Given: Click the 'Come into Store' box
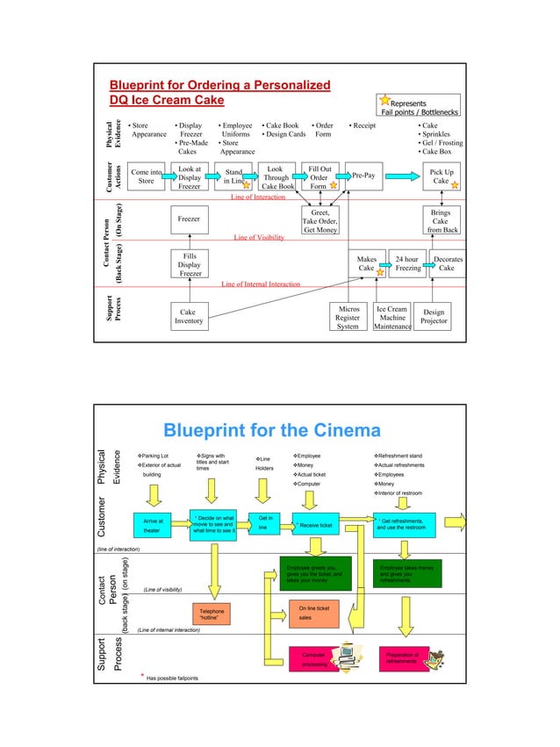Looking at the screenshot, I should tap(146, 176).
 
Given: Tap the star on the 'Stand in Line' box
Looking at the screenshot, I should tap(247, 185).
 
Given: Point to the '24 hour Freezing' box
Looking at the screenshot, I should tap(407, 264).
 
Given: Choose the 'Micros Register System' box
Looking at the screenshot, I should tap(348, 317).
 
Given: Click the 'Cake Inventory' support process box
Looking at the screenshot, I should tap(188, 317).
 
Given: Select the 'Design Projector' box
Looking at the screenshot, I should tap(434, 317).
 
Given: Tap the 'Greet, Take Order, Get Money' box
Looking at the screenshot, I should tap(320, 222).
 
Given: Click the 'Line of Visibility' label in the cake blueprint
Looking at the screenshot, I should tap(259, 238).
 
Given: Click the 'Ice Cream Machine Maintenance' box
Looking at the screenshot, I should tap(391, 317).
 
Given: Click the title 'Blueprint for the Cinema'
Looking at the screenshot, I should tap(272, 431).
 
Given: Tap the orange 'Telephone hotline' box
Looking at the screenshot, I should tap(212, 614).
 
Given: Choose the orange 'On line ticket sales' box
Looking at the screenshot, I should tap(313, 613).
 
